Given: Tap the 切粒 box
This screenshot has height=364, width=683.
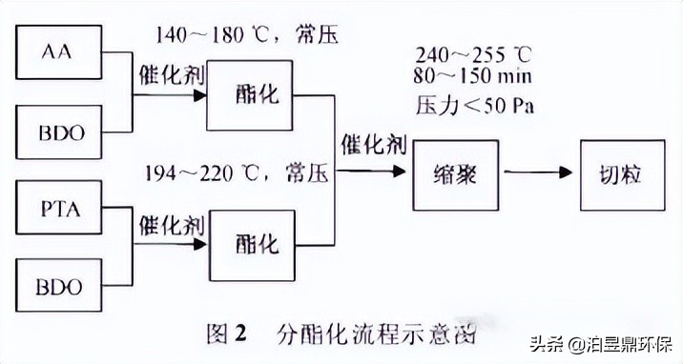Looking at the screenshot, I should tap(621, 174).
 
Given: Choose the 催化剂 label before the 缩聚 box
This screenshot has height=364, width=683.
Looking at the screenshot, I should tap(373, 145).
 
